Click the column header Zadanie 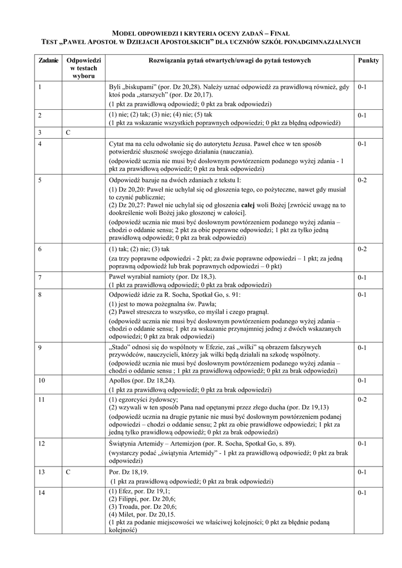point(48,60)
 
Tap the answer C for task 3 point(68,133)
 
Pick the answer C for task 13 point(68,472)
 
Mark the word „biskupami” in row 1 point(138,87)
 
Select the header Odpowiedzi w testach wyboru point(83,67)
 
